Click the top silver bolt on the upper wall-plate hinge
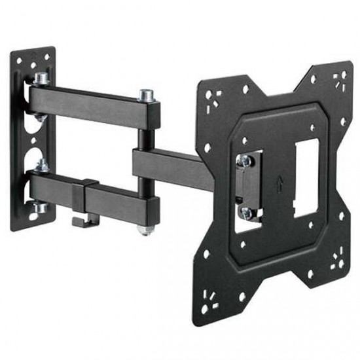[x=41, y=78]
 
